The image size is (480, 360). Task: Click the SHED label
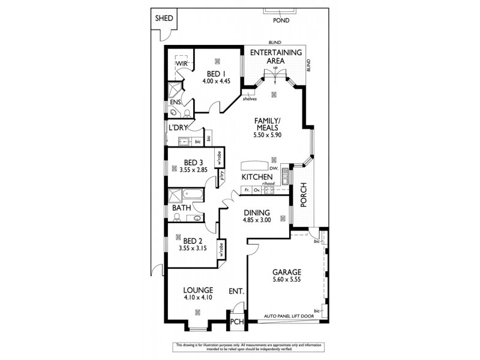tap(164, 18)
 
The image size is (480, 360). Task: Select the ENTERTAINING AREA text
tap(275, 56)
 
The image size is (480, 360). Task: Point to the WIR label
tap(182, 64)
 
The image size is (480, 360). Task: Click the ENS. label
tap(175, 103)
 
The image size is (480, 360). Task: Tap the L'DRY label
tap(178, 128)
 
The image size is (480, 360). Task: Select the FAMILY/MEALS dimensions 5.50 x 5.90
tap(268, 136)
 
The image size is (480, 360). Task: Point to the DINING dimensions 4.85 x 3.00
tap(257, 220)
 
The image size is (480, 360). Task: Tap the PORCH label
tap(304, 195)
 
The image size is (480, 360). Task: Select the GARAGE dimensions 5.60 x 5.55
tap(286, 280)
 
